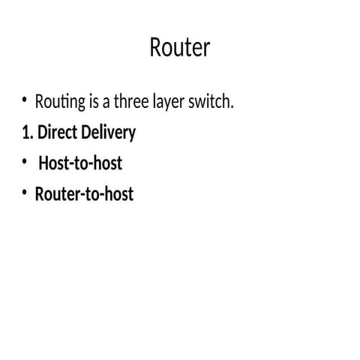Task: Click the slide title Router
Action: pos(180,47)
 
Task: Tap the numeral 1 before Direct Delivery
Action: pos(25,133)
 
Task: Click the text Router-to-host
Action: pos(84,194)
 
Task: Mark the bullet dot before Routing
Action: pos(25,100)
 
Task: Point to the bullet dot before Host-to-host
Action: pos(25,161)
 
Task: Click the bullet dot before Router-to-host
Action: pos(25,193)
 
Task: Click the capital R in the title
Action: pos(156,47)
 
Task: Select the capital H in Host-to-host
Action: pos(43,163)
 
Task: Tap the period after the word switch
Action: pos(232,105)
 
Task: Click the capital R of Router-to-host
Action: pos(40,194)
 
